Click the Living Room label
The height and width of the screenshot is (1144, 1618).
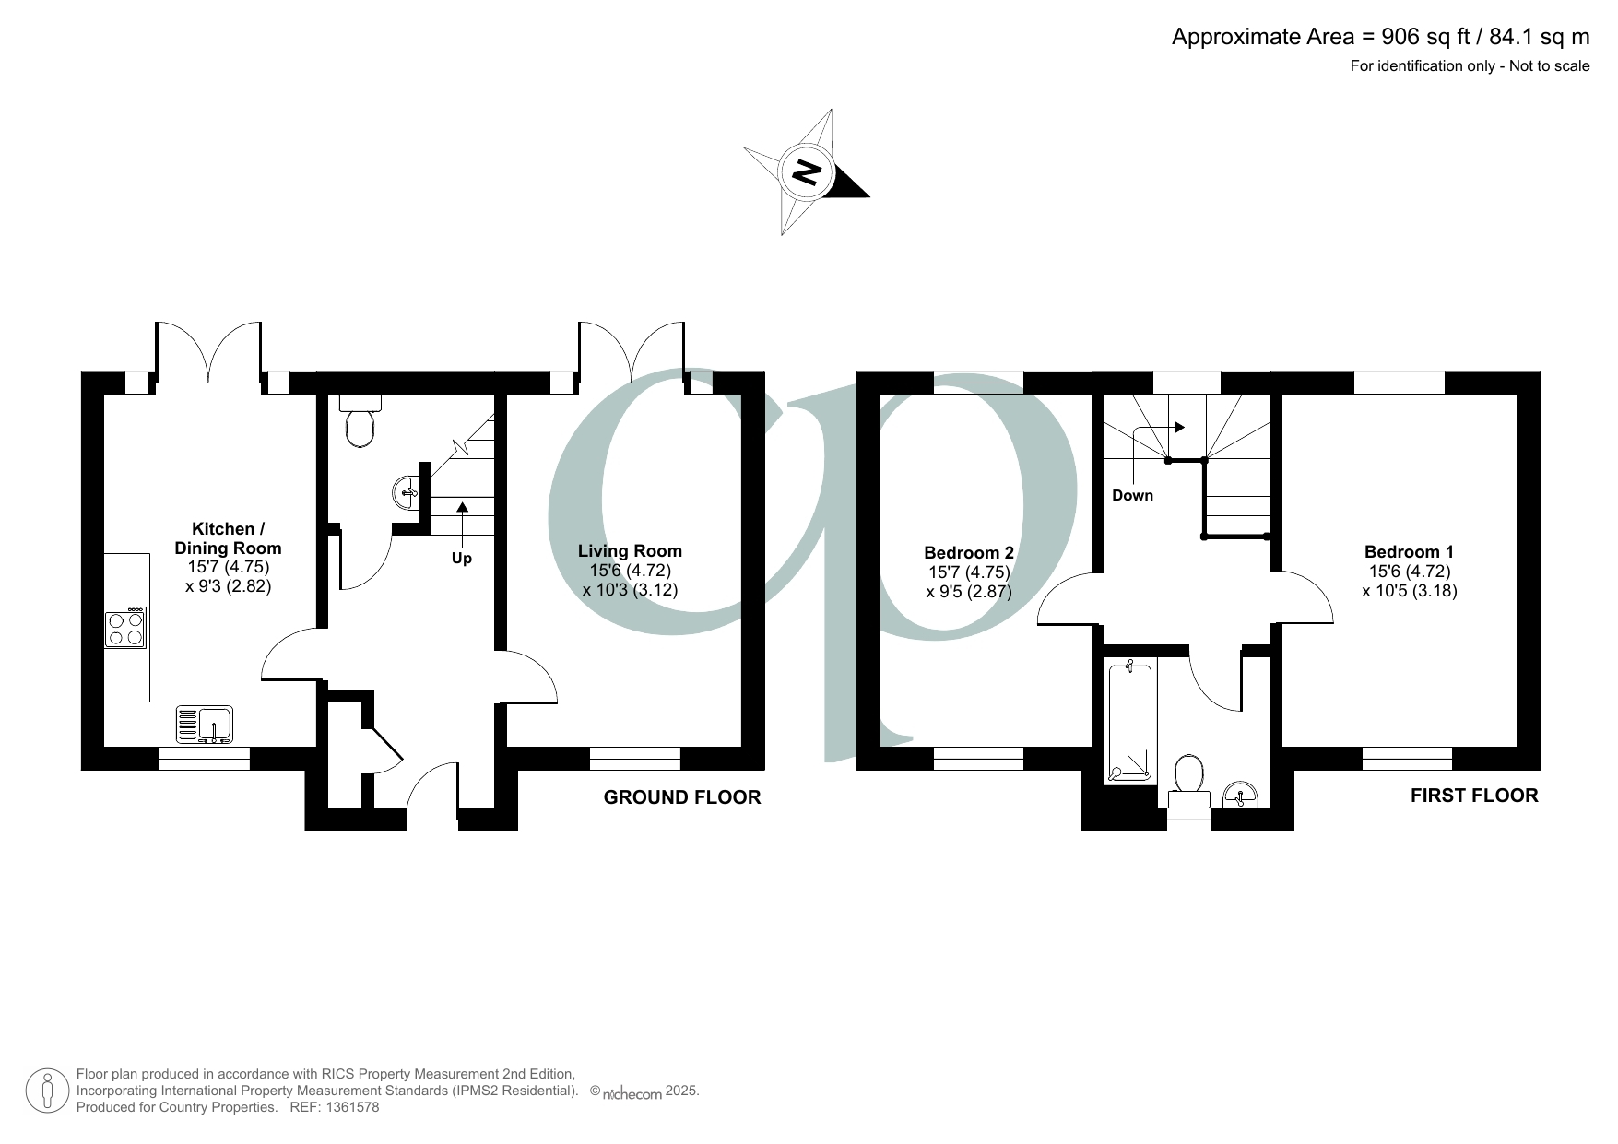[630, 551]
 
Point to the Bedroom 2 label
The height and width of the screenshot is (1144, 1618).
[969, 553]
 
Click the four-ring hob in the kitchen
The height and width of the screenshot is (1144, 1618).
[125, 628]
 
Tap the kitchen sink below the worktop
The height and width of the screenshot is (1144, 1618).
[206, 724]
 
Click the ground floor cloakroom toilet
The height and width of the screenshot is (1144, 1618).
[360, 421]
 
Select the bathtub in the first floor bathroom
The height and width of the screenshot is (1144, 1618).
[1129, 722]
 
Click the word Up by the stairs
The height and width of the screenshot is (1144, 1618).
[462, 559]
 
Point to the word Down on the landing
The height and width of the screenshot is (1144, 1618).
[1132, 496]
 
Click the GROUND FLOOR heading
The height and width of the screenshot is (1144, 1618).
[682, 797]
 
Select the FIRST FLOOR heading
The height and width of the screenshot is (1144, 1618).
[1474, 796]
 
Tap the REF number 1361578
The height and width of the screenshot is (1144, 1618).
[348, 1107]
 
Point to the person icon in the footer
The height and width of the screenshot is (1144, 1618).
[47, 1091]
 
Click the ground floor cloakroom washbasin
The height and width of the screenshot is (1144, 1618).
[406, 492]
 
